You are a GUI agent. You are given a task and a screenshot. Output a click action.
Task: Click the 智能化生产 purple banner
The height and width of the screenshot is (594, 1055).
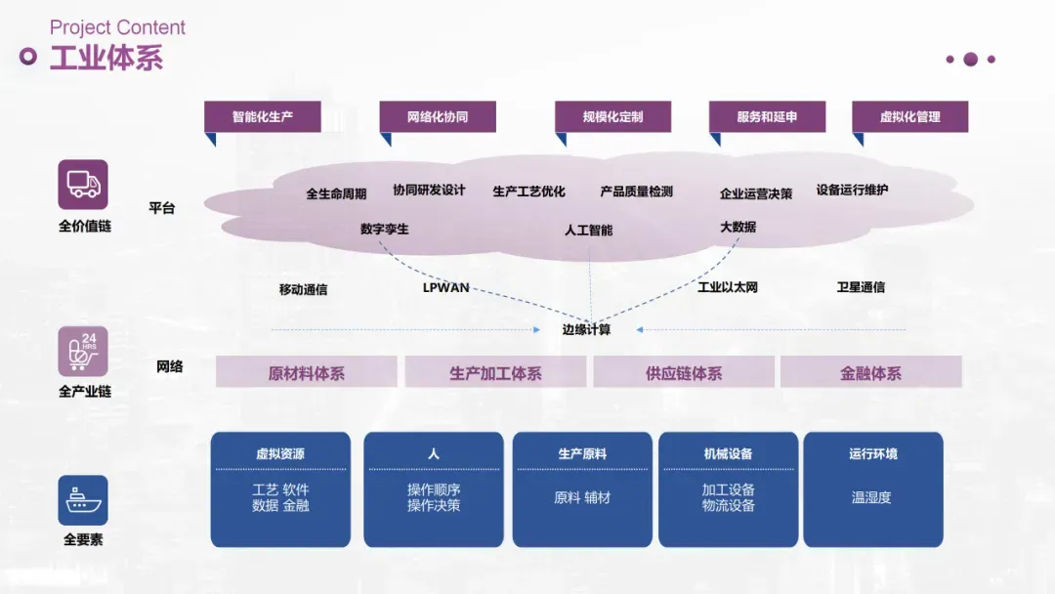pyautogui.click(x=263, y=116)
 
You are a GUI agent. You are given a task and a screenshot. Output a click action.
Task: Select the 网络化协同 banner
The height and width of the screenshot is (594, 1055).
pyautogui.click(x=438, y=116)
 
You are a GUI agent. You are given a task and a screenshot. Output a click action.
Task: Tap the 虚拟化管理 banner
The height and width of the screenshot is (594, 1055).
pyautogui.click(x=909, y=116)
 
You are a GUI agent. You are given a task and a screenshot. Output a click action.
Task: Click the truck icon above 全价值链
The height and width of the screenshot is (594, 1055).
pyautogui.click(x=83, y=185)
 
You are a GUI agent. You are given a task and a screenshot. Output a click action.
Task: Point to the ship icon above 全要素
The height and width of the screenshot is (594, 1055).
pyautogui.click(x=83, y=500)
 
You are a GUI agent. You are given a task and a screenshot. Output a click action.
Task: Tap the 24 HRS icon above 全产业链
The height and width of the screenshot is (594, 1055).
pyautogui.click(x=83, y=352)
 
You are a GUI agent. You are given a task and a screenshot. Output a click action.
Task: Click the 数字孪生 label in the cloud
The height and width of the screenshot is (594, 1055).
pyautogui.click(x=385, y=229)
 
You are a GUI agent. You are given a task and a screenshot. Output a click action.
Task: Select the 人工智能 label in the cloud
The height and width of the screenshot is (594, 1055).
pyautogui.click(x=589, y=231)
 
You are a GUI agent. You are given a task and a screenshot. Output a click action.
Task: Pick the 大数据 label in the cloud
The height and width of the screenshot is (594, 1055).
pyautogui.click(x=738, y=228)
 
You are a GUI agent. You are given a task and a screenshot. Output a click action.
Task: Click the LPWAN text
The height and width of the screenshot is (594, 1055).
pyautogui.click(x=446, y=288)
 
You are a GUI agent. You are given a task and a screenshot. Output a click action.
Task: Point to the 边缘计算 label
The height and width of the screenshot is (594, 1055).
pyautogui.click(x=587, y=330)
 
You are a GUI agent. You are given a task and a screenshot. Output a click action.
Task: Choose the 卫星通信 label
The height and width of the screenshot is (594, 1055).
pyautogui.click(x=861, y=287)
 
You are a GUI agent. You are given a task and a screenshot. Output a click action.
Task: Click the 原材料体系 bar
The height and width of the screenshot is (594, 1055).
pyautogui.click(x=307, y=372)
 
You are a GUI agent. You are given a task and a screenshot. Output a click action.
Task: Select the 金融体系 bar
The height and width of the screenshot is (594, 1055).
pyautogui.click(x=870, y=372)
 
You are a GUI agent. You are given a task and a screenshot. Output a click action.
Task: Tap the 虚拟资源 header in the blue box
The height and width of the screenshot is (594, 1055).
pyautogui.click(x=280, y=454)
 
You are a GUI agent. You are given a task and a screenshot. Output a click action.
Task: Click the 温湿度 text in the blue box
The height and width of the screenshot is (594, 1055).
pyautogui.click(x=871, y=497)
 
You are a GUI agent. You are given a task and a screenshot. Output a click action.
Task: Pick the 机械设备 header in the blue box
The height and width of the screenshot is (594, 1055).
pyautogui.click(x=728, y=454)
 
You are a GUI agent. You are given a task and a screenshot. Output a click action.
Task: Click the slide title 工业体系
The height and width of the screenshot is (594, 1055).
pyautogui.click(x=106, y=58)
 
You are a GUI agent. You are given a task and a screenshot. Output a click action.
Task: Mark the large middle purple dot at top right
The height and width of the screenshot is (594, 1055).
pyautogui.click(x=970, y=60)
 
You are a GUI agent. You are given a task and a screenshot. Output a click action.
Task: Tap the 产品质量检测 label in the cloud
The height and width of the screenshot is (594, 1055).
pyautogui.click(x=637, y=191)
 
